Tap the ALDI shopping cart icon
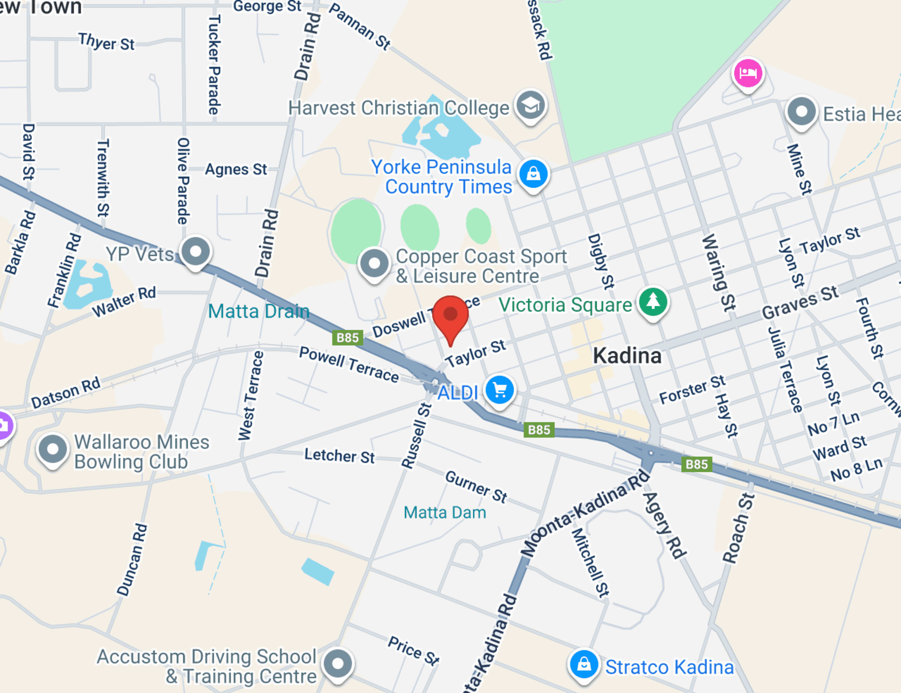coord(500,390)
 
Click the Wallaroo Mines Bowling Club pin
coord(52,449)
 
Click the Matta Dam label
coord(444,512)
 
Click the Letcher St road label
coord(339,455)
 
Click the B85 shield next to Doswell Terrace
coord(347,338)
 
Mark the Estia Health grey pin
coord(801,111)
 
